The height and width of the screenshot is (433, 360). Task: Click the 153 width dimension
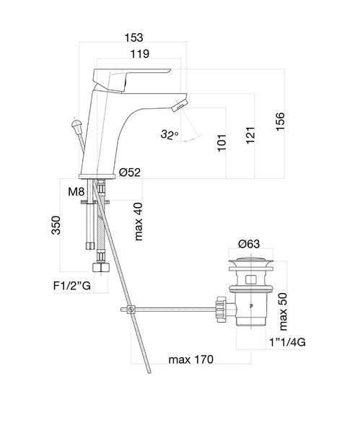point(133,38)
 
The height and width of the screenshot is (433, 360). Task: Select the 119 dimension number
point(140,54)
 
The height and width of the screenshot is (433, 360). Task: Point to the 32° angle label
point(170,134)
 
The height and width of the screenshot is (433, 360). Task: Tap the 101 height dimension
point(221,143)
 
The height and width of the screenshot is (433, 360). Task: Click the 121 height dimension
point(250,136)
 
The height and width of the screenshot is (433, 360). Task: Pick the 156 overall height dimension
point(280,121)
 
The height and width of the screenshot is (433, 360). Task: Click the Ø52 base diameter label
point(130,172)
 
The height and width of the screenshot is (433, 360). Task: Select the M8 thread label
point(76,191)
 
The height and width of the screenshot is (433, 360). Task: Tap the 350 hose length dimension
point(56,225)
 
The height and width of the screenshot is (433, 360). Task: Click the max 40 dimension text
point(139,222)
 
